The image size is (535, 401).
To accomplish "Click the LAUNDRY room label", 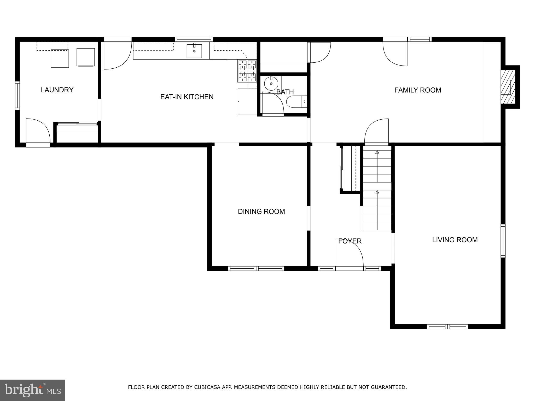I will click(57, 90).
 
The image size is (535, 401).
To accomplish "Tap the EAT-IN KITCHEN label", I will click(187, 97).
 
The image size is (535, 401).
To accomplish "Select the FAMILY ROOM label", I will click(417, 90).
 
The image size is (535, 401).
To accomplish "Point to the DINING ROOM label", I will click(261, 211).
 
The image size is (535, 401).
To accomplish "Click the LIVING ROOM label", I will click(455, 240).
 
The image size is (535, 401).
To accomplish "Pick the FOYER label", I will click(350, 241).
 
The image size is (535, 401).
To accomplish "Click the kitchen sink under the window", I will click(194, 51).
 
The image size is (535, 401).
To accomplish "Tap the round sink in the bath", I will click(271, 84).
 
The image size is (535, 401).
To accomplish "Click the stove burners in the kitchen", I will click(247, 71).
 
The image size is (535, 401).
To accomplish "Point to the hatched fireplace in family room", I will click(508, 87).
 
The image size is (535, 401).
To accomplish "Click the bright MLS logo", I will click(32, 390).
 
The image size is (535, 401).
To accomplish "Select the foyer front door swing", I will click(349, 253).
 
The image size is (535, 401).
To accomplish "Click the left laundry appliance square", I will click(60, 58).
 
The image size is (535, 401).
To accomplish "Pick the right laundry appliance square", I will click(85, 57).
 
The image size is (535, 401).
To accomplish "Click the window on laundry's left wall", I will click(17, 95).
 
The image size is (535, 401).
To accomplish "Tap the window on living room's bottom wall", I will click(447, 326).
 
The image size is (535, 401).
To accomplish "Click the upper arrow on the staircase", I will click(377, 152).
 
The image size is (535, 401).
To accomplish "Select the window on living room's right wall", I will click(503, 241).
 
